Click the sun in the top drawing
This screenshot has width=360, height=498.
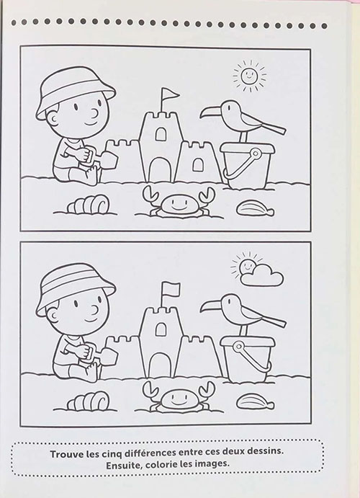point(249,75)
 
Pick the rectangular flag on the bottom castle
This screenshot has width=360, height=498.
point(170,289)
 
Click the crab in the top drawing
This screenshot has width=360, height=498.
point(178,203)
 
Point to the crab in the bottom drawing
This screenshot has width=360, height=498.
point(178,398)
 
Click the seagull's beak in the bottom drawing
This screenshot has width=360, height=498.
point(211,306)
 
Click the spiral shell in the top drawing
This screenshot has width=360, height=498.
point(88,204)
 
